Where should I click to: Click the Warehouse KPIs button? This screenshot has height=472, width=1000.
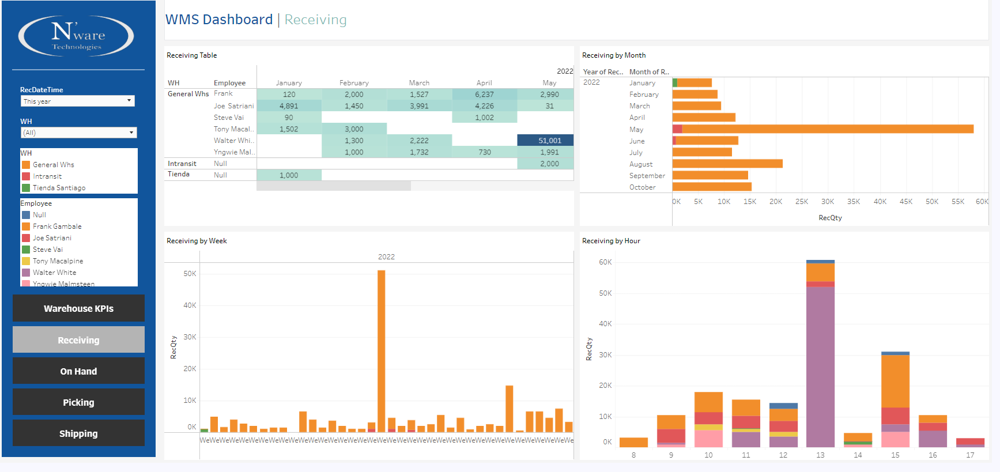point(78,308)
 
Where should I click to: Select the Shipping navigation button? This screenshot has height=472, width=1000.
point(78,433)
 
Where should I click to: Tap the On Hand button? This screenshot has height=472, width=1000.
point(78,371)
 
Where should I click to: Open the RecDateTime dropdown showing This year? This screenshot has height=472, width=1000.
point(78,101)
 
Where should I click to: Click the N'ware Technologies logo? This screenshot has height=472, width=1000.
point(76,36)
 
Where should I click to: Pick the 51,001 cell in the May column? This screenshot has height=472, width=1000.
point(545,141)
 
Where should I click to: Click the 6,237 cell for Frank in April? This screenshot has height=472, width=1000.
point(484,95)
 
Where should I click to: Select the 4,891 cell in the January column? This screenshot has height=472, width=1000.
point(289,106)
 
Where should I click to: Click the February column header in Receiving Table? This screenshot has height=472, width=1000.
point(354,83)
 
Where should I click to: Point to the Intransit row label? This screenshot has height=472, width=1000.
point(182,164)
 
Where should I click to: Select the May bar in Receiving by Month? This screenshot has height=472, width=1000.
point(824,129)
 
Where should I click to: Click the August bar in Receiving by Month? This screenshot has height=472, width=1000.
point(727,164)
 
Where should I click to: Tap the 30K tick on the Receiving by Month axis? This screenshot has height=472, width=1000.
point(828,202)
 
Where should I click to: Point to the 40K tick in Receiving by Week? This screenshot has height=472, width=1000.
point(190,305)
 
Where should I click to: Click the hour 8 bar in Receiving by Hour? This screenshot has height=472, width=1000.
point(633,442)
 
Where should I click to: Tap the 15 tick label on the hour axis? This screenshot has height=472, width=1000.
point(895,455)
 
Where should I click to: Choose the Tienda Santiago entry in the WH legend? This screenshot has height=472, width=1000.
point(59,188)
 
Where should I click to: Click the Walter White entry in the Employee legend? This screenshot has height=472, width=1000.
point(54,273)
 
